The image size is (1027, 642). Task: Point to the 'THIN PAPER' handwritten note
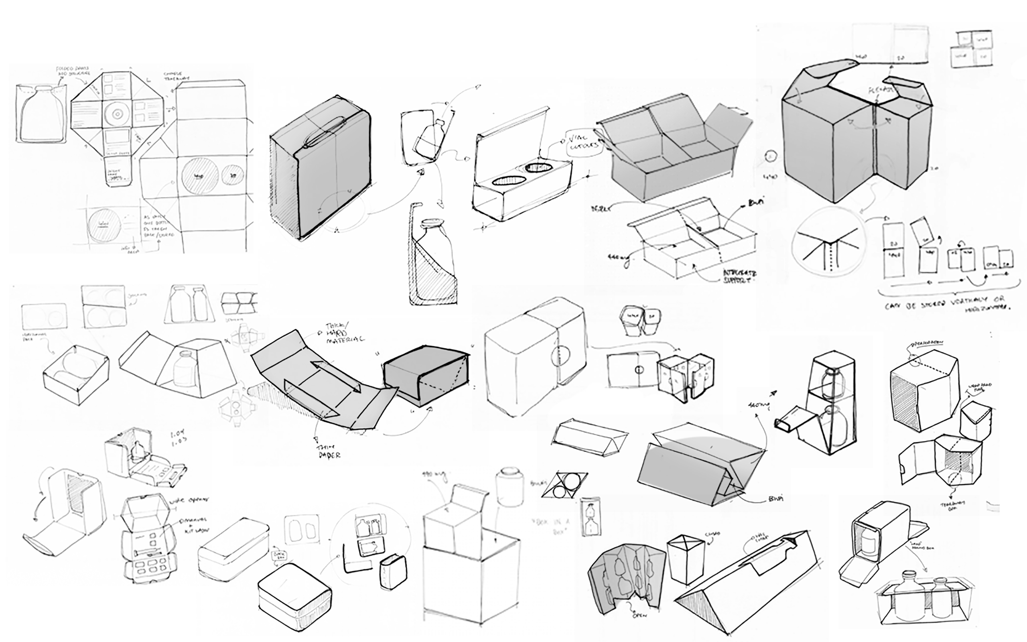tap(327, 451)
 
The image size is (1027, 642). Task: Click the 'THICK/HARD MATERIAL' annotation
tap(344, 333)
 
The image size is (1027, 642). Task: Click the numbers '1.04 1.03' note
tap(177, 439)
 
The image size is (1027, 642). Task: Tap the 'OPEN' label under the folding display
tap(639, 615)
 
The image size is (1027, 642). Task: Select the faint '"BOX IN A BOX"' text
tap(550, 526)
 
